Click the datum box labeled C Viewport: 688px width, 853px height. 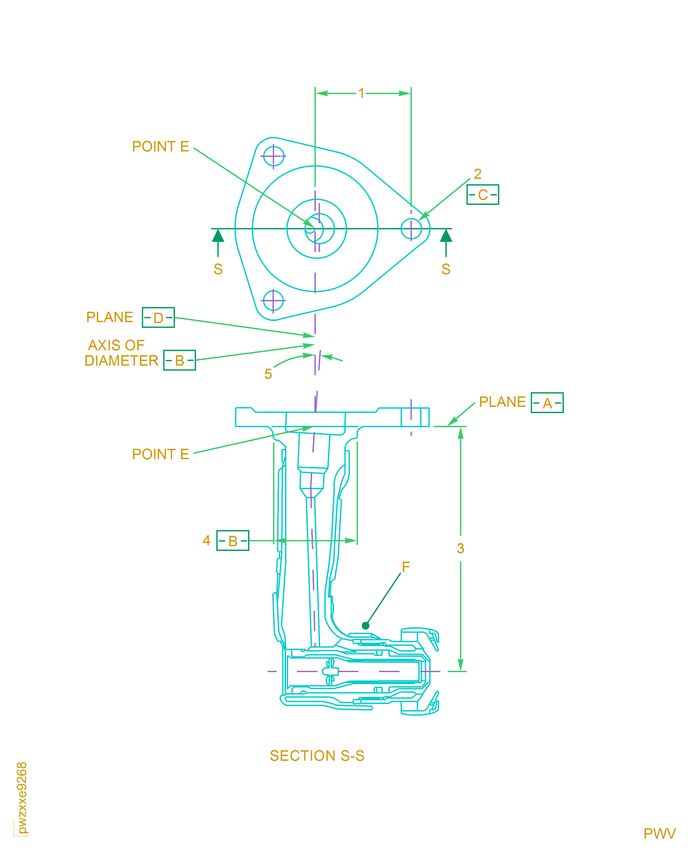click(x=482, y=195)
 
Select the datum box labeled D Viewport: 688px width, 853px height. click(x=158, y=317)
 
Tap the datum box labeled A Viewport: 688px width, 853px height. click(x=547, y=403)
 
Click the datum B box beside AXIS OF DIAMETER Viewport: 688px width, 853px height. click(x=180, y=360)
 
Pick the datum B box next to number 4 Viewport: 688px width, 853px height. click(x=233, y=540)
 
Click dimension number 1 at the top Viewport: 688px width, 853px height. click(x=361, y=93)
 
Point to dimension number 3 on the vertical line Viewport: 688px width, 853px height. click(x=460, y=548)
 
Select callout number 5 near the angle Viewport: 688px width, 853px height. click(x=268, y=374)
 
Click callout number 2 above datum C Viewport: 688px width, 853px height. click(x=478, y=174)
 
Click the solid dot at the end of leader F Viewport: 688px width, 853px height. click(x=365, y=626)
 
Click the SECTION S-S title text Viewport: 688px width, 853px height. click(x=317, y=756)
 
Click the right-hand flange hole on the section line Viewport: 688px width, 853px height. click(x=411, y=229)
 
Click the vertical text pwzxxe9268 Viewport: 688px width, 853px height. click(x=22, y=797)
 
